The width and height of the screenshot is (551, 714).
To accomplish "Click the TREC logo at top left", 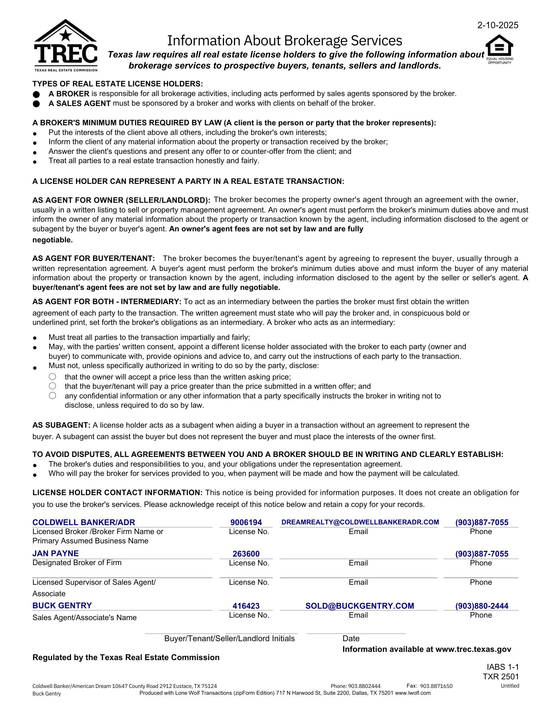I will coord(66,45).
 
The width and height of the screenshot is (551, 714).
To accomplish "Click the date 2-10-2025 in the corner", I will coord(498,25).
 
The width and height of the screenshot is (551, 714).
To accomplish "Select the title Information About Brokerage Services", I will coord(285,41).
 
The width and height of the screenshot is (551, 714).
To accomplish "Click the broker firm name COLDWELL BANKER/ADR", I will coord(84,522).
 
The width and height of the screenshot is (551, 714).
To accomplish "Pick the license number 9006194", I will coord(246,523).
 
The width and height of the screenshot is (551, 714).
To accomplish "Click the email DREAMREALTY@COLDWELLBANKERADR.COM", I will coord(360,522).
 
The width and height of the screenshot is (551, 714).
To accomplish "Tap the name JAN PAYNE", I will coord(56,553).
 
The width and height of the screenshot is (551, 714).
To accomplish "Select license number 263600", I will coord(246,554).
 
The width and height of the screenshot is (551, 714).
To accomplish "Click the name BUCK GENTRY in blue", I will coord(62,605).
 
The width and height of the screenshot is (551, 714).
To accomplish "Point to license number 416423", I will coord(246,606).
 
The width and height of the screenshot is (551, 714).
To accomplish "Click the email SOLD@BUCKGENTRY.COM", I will coord(359,606).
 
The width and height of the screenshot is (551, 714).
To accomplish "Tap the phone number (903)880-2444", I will coord(481,606).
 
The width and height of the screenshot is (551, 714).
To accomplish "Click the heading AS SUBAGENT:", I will coord(61,425).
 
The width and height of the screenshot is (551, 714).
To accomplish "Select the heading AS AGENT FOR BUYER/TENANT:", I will coord(93,258).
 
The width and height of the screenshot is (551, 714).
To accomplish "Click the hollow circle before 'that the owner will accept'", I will coord(52,377).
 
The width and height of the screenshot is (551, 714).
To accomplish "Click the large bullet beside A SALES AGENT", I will coord(36,104).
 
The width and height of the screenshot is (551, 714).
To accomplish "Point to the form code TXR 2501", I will coord(501,677).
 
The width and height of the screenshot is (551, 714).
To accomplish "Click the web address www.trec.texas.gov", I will coord(473,649).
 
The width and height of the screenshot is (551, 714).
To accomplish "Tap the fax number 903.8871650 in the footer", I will coord(436,686).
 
